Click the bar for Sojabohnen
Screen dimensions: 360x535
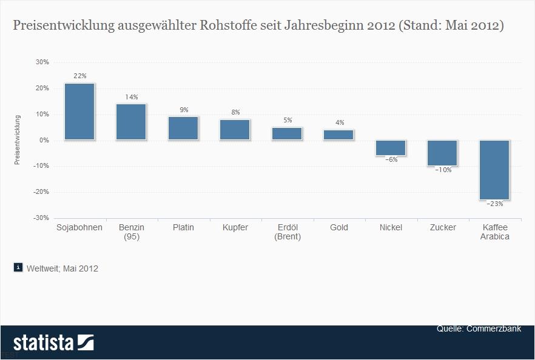coord(79,112)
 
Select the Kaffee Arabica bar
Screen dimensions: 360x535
coord(494,170)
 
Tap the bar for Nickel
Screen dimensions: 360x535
coord(391,148)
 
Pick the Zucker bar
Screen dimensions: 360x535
coord(442,153)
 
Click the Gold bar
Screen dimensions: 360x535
coord(338,135)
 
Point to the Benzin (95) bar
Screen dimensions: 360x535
coord(131,122)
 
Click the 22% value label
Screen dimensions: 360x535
coord(80,76)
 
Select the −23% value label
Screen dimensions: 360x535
coord(494,204)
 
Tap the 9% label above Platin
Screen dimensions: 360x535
coord(184,110)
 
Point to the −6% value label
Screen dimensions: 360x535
coord(391,160)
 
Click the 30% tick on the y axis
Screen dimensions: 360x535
coord(42,62)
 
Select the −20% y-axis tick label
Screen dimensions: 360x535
coord(41,192)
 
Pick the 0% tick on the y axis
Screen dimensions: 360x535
coord(44,140)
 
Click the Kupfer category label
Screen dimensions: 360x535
coord(235,228)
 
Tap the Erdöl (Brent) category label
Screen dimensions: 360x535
coord(287,232)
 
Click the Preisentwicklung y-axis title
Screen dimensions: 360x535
coord(18,139)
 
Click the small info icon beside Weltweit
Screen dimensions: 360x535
coord(18,268)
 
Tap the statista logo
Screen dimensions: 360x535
coord(53,342)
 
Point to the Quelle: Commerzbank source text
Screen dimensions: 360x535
coord(479,329)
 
